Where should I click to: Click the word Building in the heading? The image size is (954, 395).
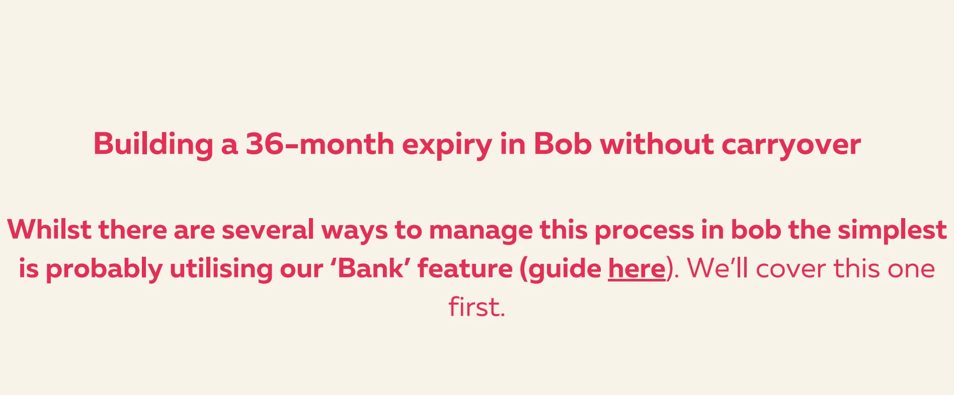pyautogui.click(x=153, y=145)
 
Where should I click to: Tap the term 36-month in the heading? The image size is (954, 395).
pyautogui.click(x=320, y=144)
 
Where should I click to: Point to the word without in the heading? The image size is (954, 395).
pyautogui.click(x=657, y=144)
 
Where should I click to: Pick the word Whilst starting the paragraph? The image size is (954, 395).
pyautogui.click(x=49, y=230)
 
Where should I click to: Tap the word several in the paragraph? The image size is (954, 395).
pyautogui.click(x=268, y=230)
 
